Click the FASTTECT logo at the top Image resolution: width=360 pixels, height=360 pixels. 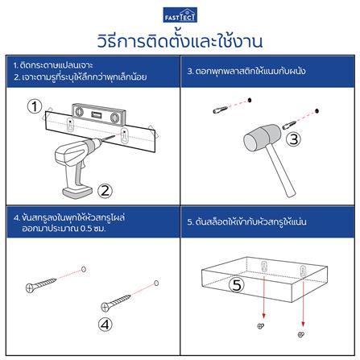click(180, 14)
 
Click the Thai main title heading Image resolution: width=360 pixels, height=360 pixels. click(180, 39)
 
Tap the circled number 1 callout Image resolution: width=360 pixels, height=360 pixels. click(34, 106)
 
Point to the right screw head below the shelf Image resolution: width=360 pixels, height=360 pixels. click(300, 333)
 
